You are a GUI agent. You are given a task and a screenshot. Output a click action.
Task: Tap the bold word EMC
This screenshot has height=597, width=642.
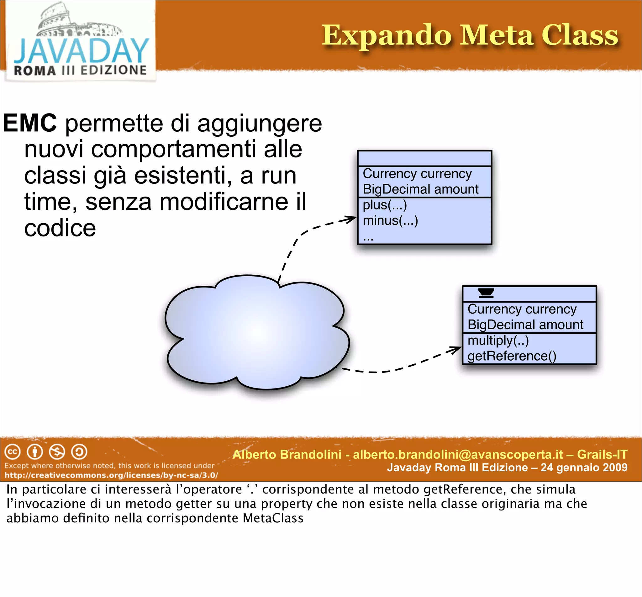(x=30, y=123)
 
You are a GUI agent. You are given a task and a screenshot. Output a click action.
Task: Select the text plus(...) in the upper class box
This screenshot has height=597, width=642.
(x=384, y=205)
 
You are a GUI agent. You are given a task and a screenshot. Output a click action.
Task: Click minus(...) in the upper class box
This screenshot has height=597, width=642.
(x=390, y=221)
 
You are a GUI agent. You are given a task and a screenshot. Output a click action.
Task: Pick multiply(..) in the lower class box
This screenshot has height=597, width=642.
(x=498, y=341)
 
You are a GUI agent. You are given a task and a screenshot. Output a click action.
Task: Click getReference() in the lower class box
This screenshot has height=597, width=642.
(x=512, y=356)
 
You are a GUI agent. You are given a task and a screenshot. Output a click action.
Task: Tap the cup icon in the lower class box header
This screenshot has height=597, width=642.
(x=486, y=292)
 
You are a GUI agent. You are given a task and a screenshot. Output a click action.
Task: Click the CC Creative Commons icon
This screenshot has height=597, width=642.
(x=13, y=452)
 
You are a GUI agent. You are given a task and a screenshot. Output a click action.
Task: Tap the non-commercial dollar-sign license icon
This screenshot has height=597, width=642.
(x=57, y=452)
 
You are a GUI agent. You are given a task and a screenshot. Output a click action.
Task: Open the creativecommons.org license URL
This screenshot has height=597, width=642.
(x=111, y=475)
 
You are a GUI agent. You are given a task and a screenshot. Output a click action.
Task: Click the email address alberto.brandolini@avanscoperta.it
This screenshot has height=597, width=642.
(x=458, y=455)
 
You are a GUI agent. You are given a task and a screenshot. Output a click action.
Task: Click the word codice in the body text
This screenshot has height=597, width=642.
(x=60, y=228)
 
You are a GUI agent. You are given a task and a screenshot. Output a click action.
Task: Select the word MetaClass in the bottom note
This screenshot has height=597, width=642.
(x=273, y=518)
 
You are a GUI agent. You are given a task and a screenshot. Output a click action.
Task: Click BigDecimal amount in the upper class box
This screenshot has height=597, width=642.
(x=420, y=189)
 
